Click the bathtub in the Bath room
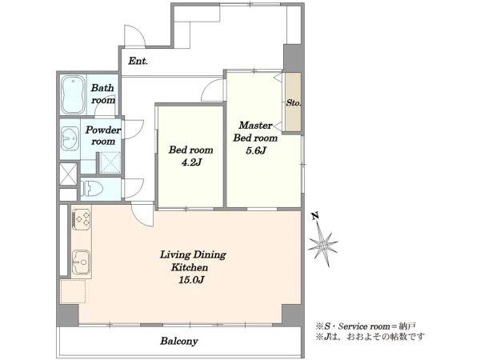click(73, 94)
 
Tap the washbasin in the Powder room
click(70, 138)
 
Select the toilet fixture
click(92, 189)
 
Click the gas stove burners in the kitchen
click(82, 219)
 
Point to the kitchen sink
click(82, 262)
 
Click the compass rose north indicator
click(323, 244)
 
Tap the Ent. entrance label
click(138, 61)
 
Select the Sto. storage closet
click(293, 102)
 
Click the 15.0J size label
click(191, 280)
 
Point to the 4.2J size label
click(191, 162)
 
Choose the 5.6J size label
click(256, 150)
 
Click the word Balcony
click(179, 341)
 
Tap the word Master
click(256, 126)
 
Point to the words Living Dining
click(193, 254)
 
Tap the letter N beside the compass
click(315, 217)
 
